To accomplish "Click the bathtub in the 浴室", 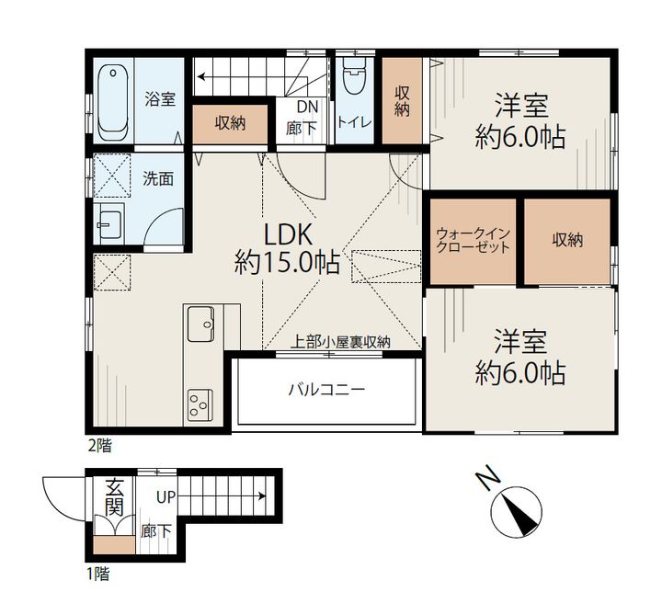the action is point(113,103).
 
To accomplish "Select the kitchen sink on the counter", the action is point(200,324).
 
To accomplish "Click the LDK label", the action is point(288,235).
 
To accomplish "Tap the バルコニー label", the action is point(326,390).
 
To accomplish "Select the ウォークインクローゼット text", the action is point(473,240).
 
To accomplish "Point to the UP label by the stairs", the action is point(165,497).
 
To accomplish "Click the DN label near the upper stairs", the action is point(307,107).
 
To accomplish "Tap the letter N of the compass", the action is point(487,478).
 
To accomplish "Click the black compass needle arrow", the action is point(519,515).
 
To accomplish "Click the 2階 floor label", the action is point(99,446).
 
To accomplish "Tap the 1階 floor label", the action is point(98,574).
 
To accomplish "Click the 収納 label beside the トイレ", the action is point(402,101).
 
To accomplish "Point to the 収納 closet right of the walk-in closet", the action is point(567,241).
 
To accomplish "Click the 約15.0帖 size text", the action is point(287,262).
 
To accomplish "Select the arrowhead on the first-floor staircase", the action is point(262,495).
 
